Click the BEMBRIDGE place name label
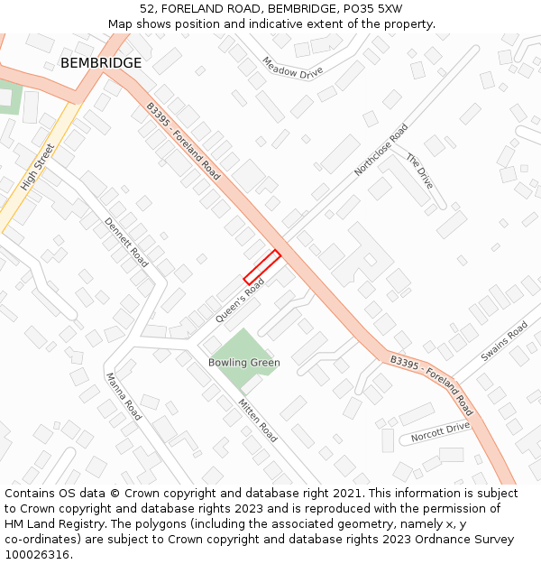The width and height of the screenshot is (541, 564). tap(101, 63)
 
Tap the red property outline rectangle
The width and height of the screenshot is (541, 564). tap(261, 267)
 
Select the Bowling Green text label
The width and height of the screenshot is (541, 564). tap(243, 363)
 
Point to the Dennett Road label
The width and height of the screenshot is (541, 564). tap(126, 242)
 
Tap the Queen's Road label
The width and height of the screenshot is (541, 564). tap(240, 300)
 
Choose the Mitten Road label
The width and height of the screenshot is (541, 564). tap(258, 420)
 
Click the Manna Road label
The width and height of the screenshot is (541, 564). tap(124, 397)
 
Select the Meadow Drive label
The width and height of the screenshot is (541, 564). tap(292, 68)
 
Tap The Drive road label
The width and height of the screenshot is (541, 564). tap(419, 171)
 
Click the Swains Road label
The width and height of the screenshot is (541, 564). tap(504, 342)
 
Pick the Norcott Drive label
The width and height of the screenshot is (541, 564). tap(440, 432)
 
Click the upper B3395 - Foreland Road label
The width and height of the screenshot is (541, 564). tap(183, 141)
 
